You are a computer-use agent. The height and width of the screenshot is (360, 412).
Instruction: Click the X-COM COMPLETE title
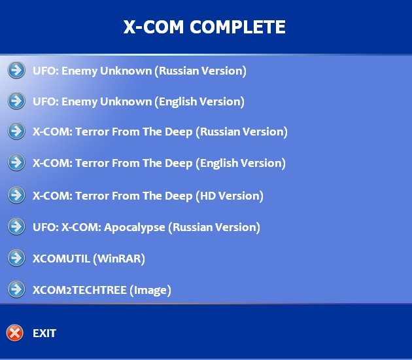205,27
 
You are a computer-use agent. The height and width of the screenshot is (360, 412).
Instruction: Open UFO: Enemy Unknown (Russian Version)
139,70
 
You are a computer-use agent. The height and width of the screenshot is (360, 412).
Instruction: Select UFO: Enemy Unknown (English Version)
138,101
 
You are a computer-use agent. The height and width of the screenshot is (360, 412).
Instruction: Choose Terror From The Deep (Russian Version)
160,132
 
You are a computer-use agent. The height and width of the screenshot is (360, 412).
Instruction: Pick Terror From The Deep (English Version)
159,163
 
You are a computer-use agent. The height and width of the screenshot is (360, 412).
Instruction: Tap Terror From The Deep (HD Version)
148,195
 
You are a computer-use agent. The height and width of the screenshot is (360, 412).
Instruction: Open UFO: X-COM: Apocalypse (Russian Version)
146,227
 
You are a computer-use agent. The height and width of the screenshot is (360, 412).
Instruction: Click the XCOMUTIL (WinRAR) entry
88,259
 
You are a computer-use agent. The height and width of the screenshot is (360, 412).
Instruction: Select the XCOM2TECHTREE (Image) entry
101,290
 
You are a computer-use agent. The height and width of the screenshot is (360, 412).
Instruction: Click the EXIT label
44,333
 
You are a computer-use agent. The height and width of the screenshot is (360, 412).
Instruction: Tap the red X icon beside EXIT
15,333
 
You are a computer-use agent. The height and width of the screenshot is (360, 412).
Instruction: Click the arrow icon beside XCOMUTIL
16,258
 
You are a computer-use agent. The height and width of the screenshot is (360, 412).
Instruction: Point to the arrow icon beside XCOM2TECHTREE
16,289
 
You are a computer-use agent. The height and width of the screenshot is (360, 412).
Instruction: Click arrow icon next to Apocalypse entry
16,226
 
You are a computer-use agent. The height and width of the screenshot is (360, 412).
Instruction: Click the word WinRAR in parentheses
119,259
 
